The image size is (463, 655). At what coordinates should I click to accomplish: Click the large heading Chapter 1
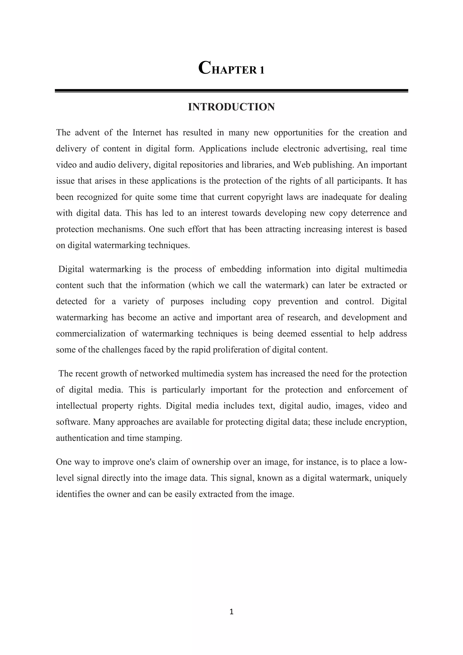[231, 69]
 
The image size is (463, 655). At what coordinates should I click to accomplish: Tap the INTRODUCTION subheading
[231, 107]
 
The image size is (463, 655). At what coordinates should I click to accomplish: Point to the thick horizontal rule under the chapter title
[231, 91]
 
